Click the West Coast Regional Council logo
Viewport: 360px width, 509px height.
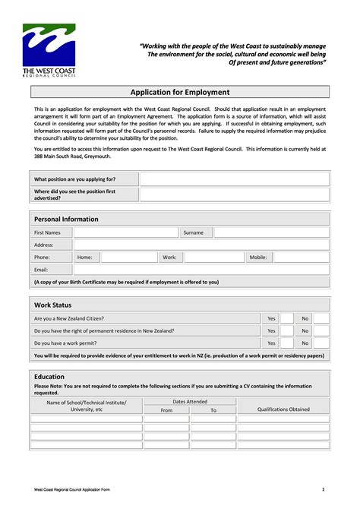pyautogui.click(x=49, y=49)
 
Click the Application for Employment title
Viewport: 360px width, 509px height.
pyautogui.click(x=180, y=92)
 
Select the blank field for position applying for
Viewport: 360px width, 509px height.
pyautogui.click(x=234, y=179)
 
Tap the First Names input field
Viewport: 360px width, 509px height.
pyautogui.click(x=125, y=232)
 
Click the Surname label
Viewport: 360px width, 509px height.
pyautogui.click(x=194, y=232)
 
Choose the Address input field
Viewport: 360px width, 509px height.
pyautogui.click(x=201, y=245)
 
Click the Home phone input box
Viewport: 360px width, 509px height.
pyautogui.click(x=129, y=258)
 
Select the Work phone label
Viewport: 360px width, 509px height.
pyautogui.click(x=169, y=258)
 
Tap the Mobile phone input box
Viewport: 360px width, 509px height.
pyautogui.click(x=301, y=258)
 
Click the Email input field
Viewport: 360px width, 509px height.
pyautogui.click(x=201, y=270)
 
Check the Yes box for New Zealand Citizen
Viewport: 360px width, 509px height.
pyautogui.click(x=286, y=319)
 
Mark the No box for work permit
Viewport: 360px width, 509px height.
pyautogui.click(x=321, y=343)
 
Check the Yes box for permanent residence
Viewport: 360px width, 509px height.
pyautogui.click(x=286, y=331)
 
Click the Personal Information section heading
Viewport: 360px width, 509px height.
pyautogui.click(x=66, y=219)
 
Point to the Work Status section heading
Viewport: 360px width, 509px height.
pyautogui.click(x=53, y=305)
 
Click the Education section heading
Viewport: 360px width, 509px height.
pyautogui.click(x=49, y=377)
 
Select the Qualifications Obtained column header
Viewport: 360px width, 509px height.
pyautogui.click(x=283, y=409)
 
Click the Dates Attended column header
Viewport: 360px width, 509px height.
pyautogui.click(x=190, y=401)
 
